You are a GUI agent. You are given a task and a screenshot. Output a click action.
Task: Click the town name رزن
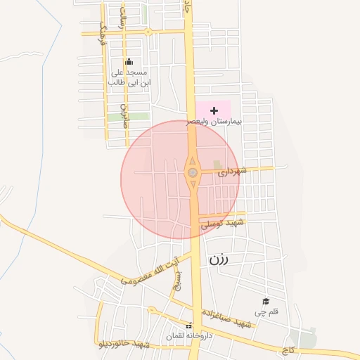219,259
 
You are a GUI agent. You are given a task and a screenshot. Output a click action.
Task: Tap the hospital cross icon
214,111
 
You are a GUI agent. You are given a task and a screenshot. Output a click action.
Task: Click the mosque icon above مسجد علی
129,62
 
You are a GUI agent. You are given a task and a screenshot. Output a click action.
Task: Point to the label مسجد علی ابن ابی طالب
129,77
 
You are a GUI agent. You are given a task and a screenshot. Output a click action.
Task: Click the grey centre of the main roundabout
192,172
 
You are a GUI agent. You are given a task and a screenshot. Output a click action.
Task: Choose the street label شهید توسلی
221,224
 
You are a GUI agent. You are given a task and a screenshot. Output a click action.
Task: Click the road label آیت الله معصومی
149,271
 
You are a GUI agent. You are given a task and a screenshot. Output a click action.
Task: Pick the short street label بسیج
176,281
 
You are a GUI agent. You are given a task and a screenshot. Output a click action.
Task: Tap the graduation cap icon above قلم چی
266,301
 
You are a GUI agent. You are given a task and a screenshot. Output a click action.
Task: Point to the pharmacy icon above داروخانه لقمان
188,326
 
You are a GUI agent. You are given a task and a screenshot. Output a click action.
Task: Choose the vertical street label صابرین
123,110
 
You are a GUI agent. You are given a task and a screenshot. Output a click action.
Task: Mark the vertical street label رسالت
122,18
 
